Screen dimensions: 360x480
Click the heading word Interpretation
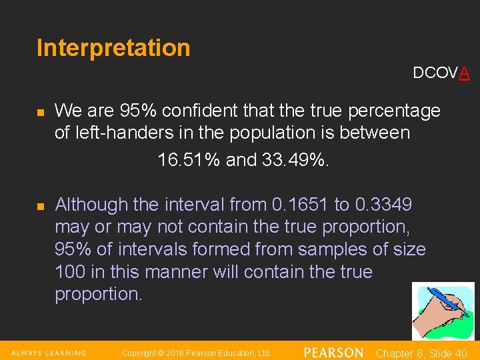point(113,48)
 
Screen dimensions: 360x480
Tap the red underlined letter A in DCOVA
point(464,73)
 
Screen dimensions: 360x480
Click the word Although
point(91,204)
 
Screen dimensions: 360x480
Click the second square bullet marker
point(40,206)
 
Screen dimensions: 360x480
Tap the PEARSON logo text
point(333,353)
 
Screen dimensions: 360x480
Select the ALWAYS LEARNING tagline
point(48,353)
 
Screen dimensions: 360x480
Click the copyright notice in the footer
point(196,353)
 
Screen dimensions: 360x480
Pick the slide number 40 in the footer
point(459,353)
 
